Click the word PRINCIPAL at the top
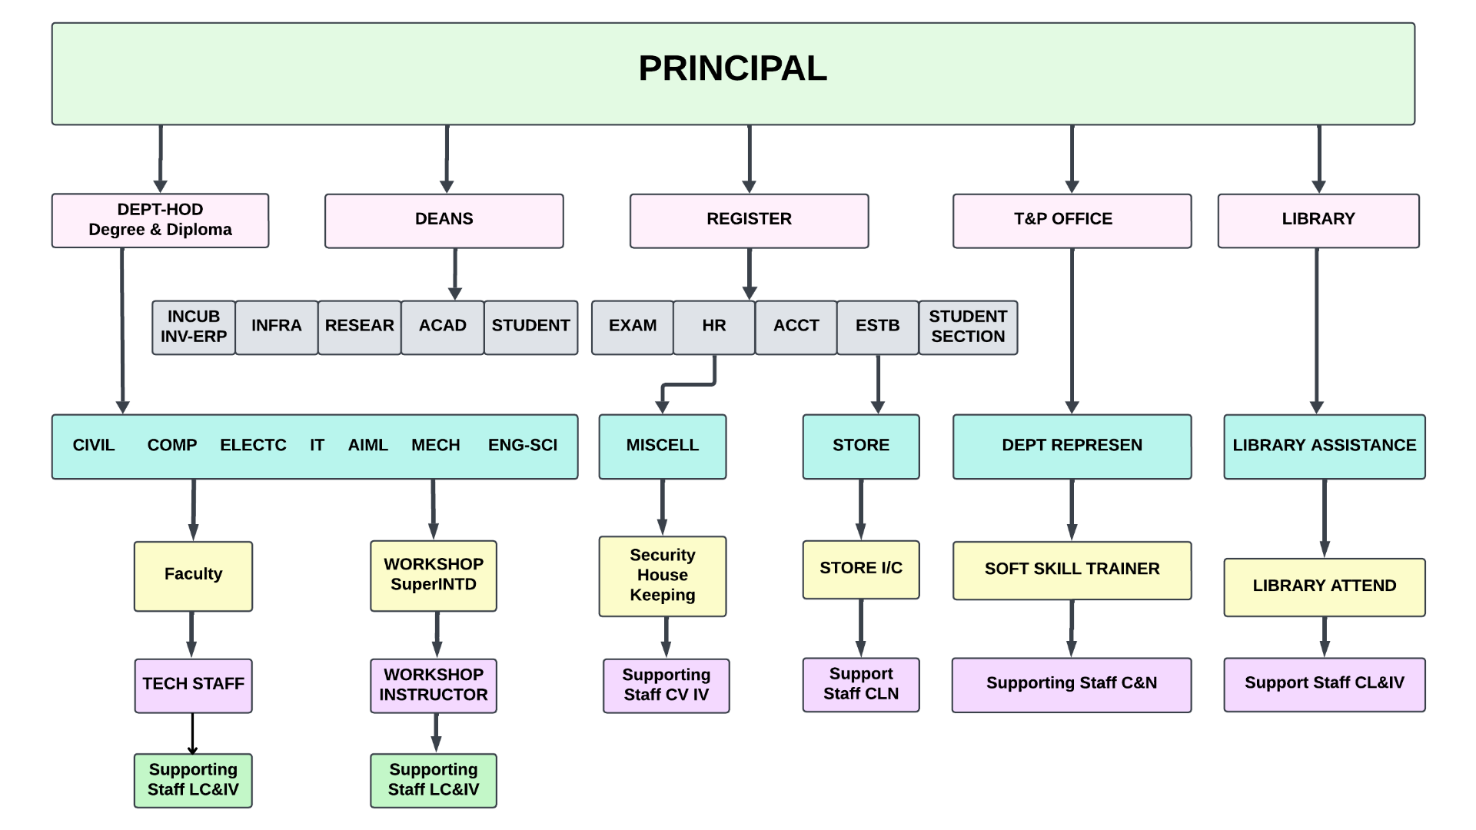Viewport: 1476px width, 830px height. (732, 69)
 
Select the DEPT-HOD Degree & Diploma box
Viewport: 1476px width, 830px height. (160, 221)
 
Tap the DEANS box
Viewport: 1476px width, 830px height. (444, 221)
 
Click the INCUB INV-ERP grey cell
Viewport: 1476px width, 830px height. (194, 327)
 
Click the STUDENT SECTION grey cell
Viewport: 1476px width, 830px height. (968, 327)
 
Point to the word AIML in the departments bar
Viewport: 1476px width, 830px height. (367, 446)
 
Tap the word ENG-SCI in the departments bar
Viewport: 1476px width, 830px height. (523, 446)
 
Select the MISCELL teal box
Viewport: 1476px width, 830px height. (662, 447)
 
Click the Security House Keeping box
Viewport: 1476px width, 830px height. (662, 576)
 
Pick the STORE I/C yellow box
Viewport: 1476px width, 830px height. (860, 569)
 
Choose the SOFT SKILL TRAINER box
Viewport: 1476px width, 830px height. (1072, 570)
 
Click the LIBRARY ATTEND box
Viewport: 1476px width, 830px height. (1324, 587)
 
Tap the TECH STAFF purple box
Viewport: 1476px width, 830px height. (193, 685)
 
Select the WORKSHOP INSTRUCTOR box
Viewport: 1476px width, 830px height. (433, 686)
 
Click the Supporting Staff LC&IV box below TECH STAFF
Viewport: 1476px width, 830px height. (193, 780)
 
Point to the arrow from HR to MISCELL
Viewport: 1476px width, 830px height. (687, 383)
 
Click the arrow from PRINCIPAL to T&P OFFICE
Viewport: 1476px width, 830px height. (1072, 158)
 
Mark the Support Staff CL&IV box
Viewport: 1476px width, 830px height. (1324, 684)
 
